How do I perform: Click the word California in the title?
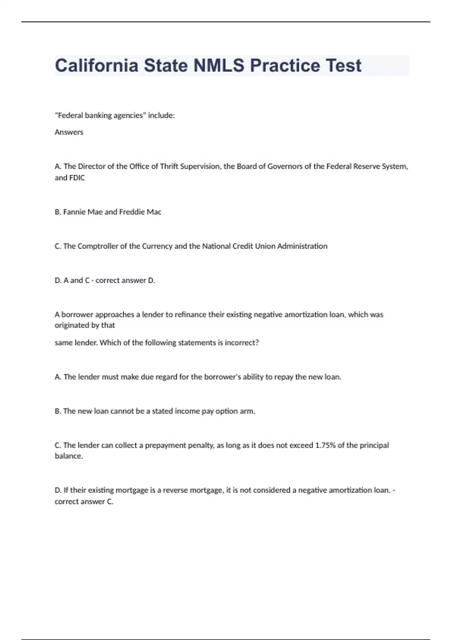96,66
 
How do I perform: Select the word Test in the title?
344,66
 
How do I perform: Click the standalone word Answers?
69,132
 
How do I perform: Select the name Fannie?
74,212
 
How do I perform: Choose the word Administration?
302,246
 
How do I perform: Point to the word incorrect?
241,343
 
